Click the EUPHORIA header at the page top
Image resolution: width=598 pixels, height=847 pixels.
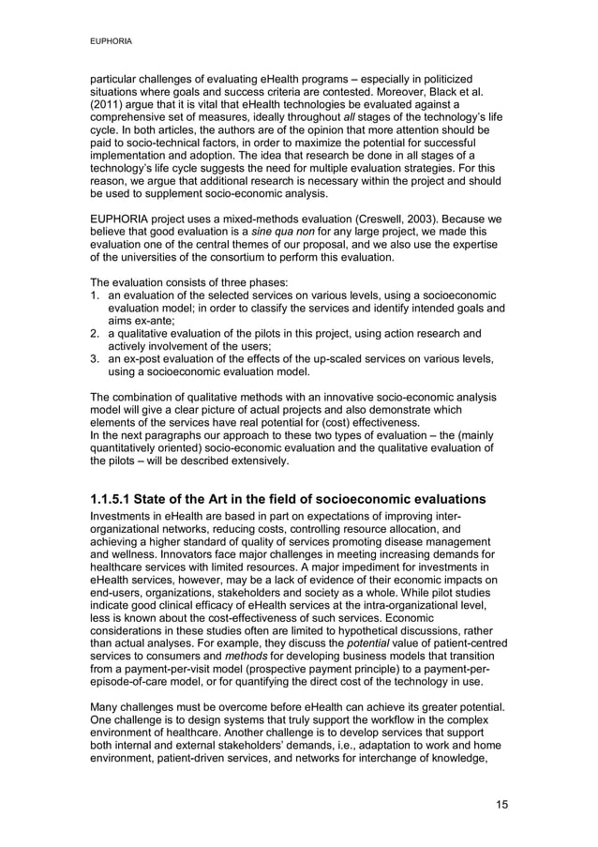pyautogui.click(x=110, y=41)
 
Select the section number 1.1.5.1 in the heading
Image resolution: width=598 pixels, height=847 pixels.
pyautogui.click(x=115, y=497)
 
